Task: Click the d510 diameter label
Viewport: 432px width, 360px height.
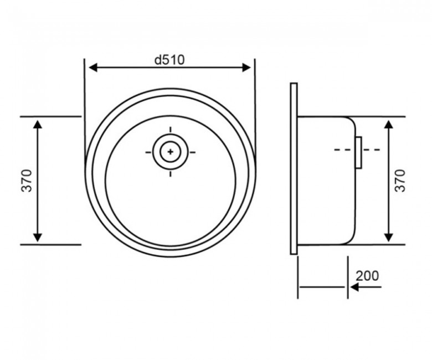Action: click(169, 60)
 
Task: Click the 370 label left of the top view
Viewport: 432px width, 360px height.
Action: click(27, 181)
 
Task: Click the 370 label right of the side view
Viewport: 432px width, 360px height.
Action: click(400, 181)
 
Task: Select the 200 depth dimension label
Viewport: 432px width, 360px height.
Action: click(367, 275)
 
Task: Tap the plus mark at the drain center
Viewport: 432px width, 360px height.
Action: click(170, 152)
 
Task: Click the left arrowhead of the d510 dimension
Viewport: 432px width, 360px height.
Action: click(94, 68)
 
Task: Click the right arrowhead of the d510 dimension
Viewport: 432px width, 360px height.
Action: click(246, 68)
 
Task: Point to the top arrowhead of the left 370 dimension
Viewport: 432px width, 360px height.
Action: click(38, 125)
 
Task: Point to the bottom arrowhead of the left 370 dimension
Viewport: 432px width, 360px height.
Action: click(38, 238)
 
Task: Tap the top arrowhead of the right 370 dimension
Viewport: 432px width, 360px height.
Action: click(388, 125)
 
